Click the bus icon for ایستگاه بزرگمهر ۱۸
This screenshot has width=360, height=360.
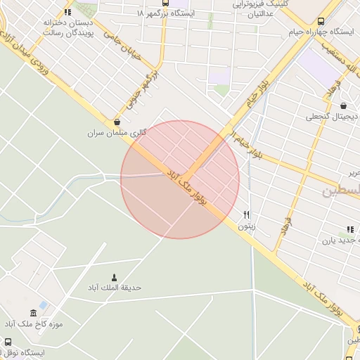point(165,3)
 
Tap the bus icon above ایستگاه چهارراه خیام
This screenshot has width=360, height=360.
point(321,22)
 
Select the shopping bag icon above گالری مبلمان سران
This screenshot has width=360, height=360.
point(116,122)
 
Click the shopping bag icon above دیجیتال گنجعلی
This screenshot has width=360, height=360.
point(342,106)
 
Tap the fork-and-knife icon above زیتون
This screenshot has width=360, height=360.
point(246,215)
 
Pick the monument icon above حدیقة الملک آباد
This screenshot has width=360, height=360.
point(115,277)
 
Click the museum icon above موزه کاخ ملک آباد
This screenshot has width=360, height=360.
point(33,313)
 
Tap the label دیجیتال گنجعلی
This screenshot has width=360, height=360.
point(332,117)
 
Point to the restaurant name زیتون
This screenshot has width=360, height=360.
point(246,226)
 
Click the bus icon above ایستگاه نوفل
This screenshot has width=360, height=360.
point(8,342)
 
